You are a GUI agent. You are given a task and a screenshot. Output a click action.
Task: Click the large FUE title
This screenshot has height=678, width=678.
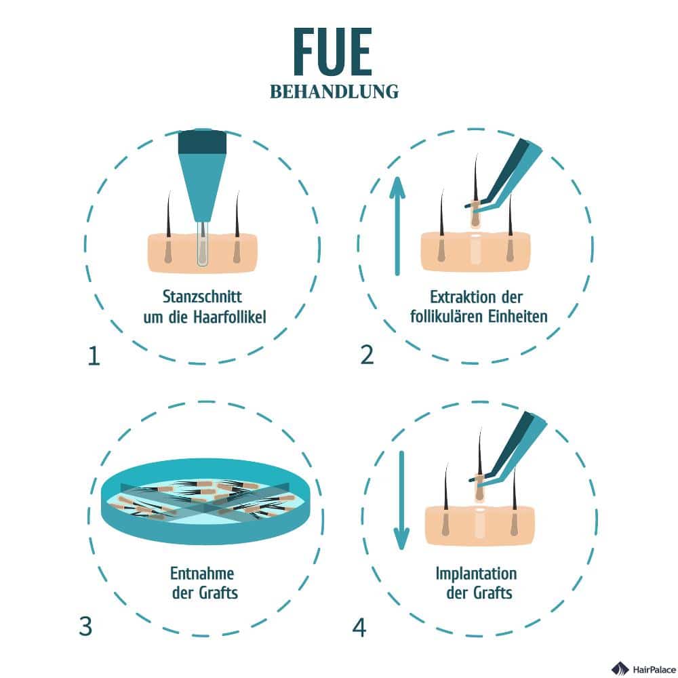pyautogui.click(x=332, y=52)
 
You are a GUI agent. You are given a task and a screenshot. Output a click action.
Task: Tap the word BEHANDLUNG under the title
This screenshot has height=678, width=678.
pyautogui.click(x=334, y=92)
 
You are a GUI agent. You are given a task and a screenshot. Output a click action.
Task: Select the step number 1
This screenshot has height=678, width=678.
pyautogui.click(x=94, y=357)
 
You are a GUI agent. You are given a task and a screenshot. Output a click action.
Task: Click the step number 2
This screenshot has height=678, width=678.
pyautogui.click(x=367, y=355)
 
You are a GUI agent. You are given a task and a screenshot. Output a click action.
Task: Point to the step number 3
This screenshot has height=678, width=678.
pyautogui.click(x=85, y=626)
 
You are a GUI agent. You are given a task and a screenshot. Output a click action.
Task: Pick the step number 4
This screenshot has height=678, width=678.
pyautogui.click(x=359, y=627)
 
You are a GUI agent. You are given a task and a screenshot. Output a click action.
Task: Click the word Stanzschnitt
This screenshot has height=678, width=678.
pyautogui.click(x=202, y=297)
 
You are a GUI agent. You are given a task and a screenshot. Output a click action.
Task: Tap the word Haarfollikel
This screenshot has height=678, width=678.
pyautogui.click(x=229, y=317)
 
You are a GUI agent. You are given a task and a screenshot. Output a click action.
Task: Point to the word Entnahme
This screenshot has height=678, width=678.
pyautogui.click(x=202, y=574)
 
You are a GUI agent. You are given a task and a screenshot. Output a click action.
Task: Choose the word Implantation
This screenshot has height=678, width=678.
pyautogui.click(x=476, y=574)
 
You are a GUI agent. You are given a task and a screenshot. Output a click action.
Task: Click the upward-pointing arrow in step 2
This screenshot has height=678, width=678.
pyautogui.click(x=397, y=226)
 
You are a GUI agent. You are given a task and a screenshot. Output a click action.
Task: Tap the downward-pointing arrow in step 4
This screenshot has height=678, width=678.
pyautogui.click(x=401, y=500)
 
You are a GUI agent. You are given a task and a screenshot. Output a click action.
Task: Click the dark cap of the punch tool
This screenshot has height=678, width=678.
pyautogui.click(x=202, y=142)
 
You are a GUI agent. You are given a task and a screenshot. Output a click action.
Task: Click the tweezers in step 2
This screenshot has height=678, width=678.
pyautogui.click(x=504, y=175)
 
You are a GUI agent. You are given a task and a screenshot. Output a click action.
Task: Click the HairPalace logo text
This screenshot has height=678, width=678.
pyautogui.click(x=654, y=669)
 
